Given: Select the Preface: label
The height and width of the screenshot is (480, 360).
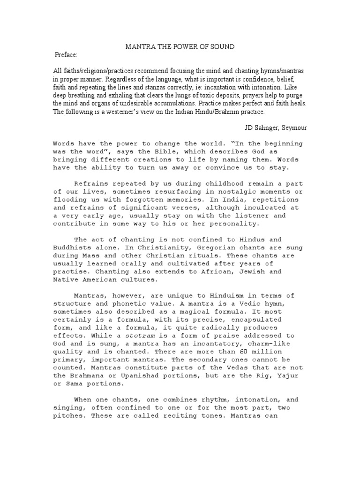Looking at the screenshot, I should tap(66, 55).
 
